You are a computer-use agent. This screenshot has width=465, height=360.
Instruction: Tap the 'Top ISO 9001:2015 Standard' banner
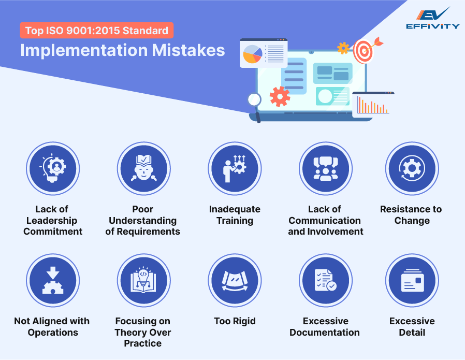point(97,31)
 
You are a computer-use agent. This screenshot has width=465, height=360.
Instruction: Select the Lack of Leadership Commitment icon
point(52,168)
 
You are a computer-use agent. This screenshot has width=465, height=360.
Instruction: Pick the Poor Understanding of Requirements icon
point(143,168)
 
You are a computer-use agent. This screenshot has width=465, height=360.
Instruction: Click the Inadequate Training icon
point(234,168)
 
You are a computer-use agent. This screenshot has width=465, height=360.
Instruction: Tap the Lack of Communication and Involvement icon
point(325,168)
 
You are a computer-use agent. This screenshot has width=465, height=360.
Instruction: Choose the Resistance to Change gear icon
point(412,168)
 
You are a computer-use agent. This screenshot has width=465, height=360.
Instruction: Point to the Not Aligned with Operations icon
point(52,280)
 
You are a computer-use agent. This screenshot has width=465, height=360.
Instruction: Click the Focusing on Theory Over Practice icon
point(143,280)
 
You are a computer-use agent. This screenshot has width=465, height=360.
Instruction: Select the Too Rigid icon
point(234,280)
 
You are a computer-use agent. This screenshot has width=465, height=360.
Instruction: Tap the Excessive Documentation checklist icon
point(325,280)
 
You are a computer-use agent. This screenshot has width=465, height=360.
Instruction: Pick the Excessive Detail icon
point(412,280)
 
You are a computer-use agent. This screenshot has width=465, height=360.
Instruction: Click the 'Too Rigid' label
point(235,321)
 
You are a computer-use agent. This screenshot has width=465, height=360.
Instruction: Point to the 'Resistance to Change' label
point(411,215)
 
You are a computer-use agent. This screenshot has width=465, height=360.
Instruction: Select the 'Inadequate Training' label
point(235,215)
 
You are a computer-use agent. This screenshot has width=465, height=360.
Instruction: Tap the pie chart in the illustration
point(253,54)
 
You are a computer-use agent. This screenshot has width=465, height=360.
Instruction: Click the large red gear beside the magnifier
point(280,96)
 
